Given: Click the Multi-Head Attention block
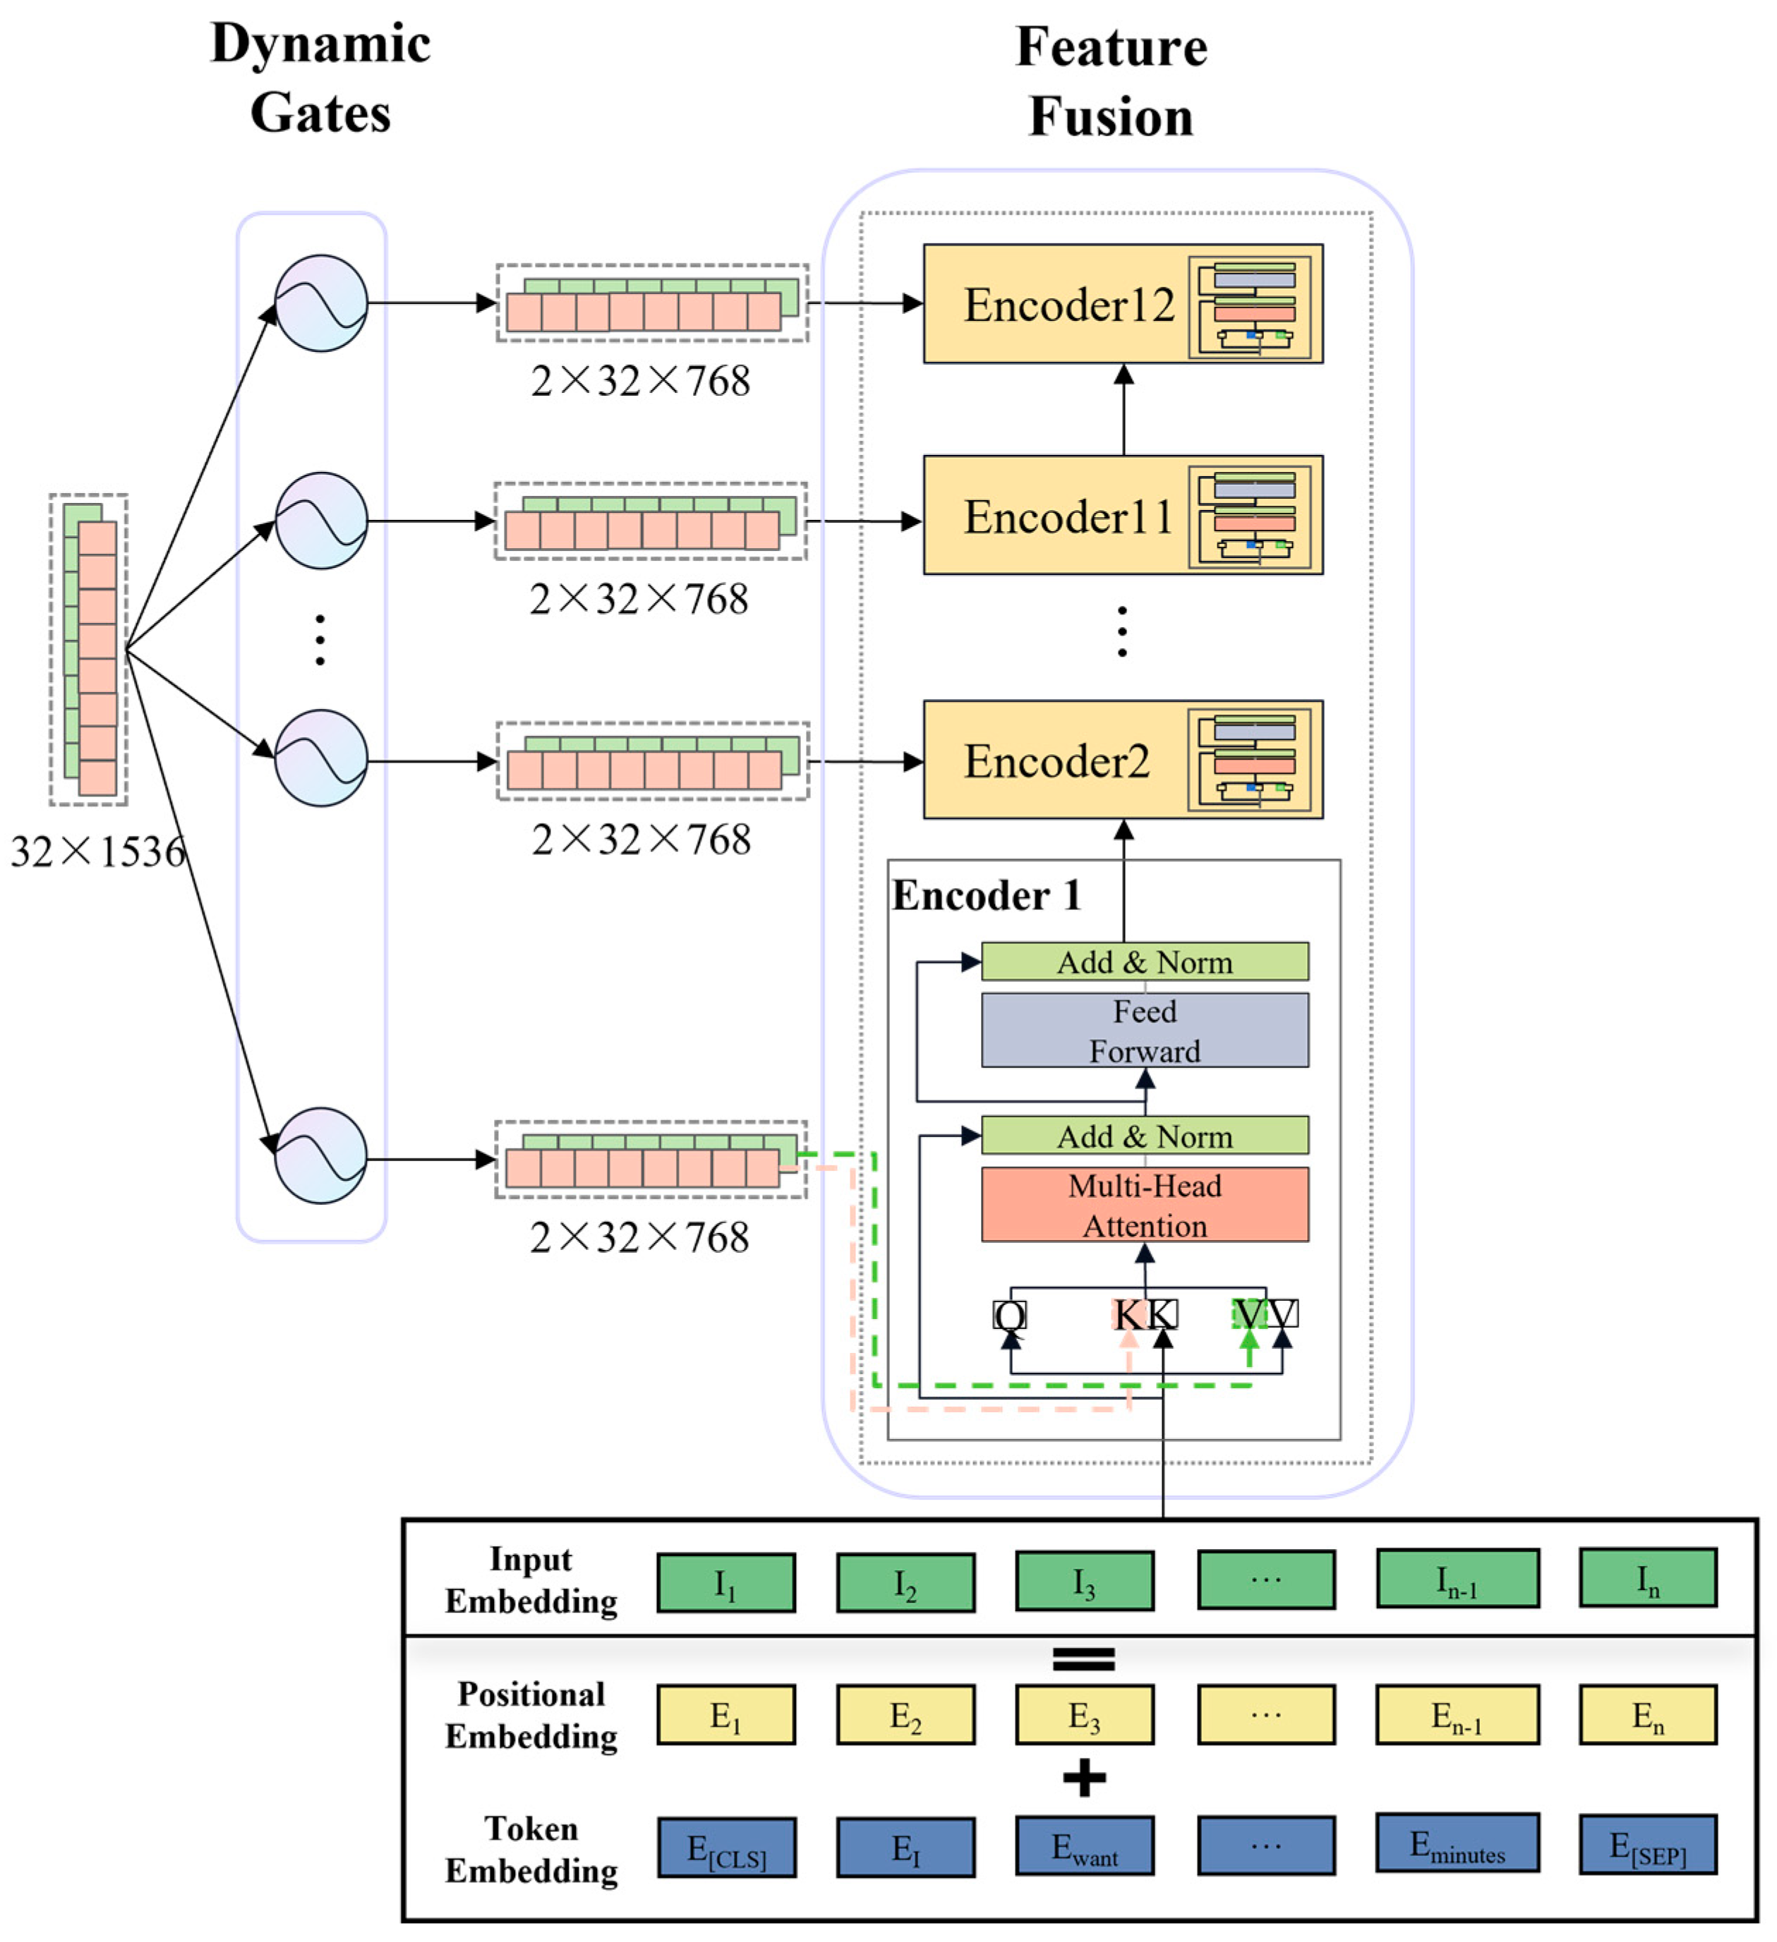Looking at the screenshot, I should [1144, 1204].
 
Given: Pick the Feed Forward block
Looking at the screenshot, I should [1144, 1030].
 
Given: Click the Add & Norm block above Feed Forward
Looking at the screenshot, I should [1144, 961].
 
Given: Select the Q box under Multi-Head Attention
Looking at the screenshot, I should [1009, 1314].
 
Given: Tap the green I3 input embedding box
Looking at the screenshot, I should [1084, 1581].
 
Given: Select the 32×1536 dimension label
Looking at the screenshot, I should [97, 851].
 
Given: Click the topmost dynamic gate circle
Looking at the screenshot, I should [321, 303].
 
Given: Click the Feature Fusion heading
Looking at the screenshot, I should [1110, 81].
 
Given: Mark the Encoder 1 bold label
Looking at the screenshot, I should [986, 896].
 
